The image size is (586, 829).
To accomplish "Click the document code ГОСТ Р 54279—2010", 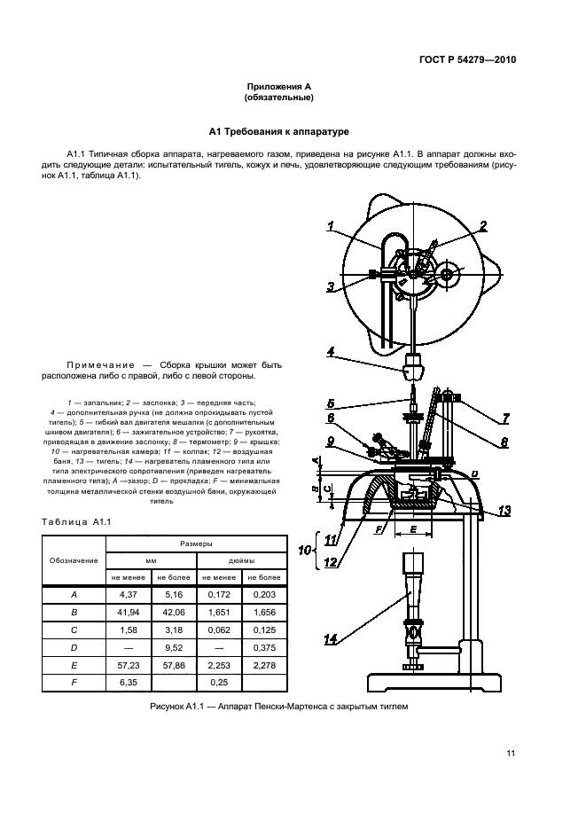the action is tap(467, 59).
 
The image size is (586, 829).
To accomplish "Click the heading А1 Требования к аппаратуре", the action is tap(279, 131).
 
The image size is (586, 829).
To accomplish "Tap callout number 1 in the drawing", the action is tap(331, 227).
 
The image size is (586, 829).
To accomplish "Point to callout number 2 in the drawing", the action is tap(482, 227).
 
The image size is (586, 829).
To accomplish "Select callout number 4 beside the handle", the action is tap(331, 352).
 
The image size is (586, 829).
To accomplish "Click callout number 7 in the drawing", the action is tap(505, 418).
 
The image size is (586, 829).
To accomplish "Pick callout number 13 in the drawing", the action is tap(504, 510).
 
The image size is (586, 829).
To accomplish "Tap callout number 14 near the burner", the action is tap(331, 640).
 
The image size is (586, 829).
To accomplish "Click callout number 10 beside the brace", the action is tap(304, 551).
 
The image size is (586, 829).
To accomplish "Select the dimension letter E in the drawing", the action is tap(413, 528).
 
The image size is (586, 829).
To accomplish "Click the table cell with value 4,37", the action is tap(129, 594).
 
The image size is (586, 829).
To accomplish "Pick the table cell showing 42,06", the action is tap(174, 613).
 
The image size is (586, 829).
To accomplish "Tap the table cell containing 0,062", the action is tap(219, 630).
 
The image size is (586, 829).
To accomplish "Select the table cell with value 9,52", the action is tap(174, 647).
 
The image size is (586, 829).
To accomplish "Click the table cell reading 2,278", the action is tap(265, 665).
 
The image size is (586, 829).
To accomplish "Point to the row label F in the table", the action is tap(74, 683).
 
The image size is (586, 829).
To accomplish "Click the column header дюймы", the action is tap(241, 560).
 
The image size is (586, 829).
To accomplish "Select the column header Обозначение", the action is tap(74, 560).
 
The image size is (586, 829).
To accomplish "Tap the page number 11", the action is tap(511, 754).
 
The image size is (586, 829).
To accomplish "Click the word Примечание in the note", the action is tap(101, 364).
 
